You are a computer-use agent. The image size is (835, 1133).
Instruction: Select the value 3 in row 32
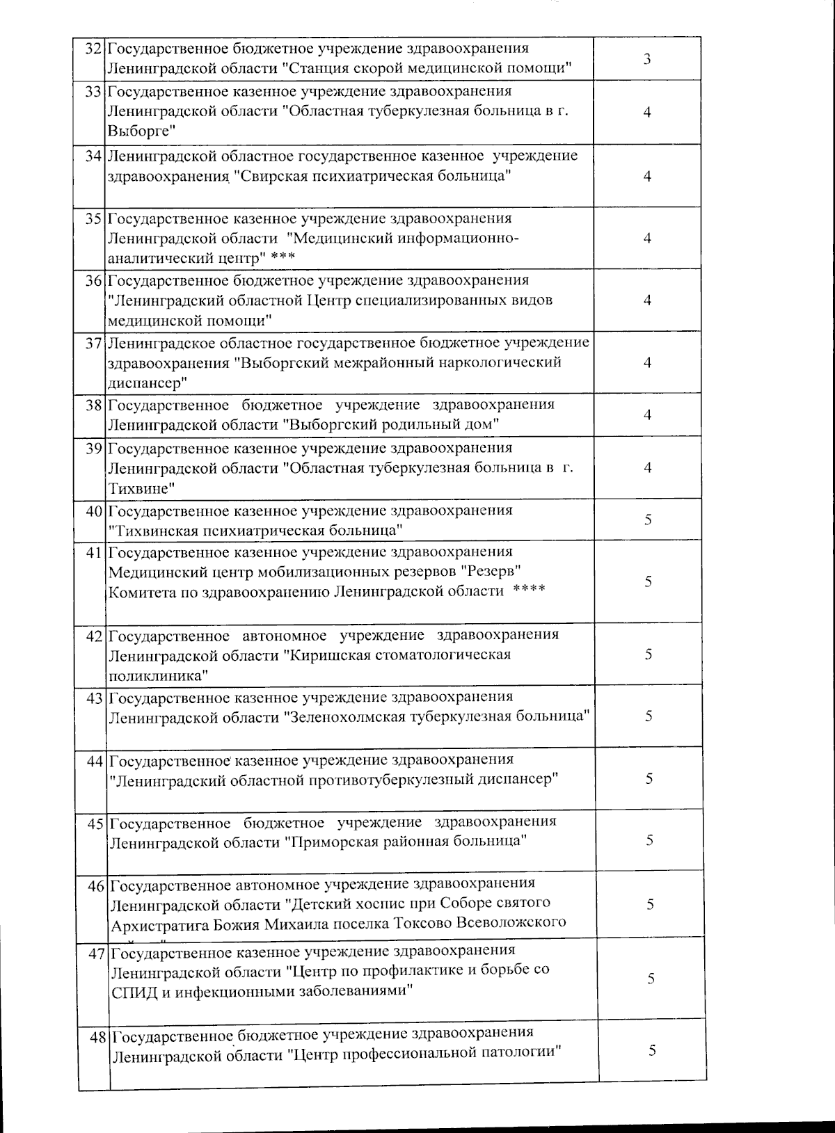647,59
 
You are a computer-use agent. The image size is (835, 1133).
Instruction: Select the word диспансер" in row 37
148,383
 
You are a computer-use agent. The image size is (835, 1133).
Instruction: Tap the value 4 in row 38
648,415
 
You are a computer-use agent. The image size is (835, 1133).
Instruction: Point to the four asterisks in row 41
530,591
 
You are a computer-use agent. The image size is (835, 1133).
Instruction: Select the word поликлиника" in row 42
157,675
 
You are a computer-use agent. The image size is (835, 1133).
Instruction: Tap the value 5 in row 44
649,778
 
